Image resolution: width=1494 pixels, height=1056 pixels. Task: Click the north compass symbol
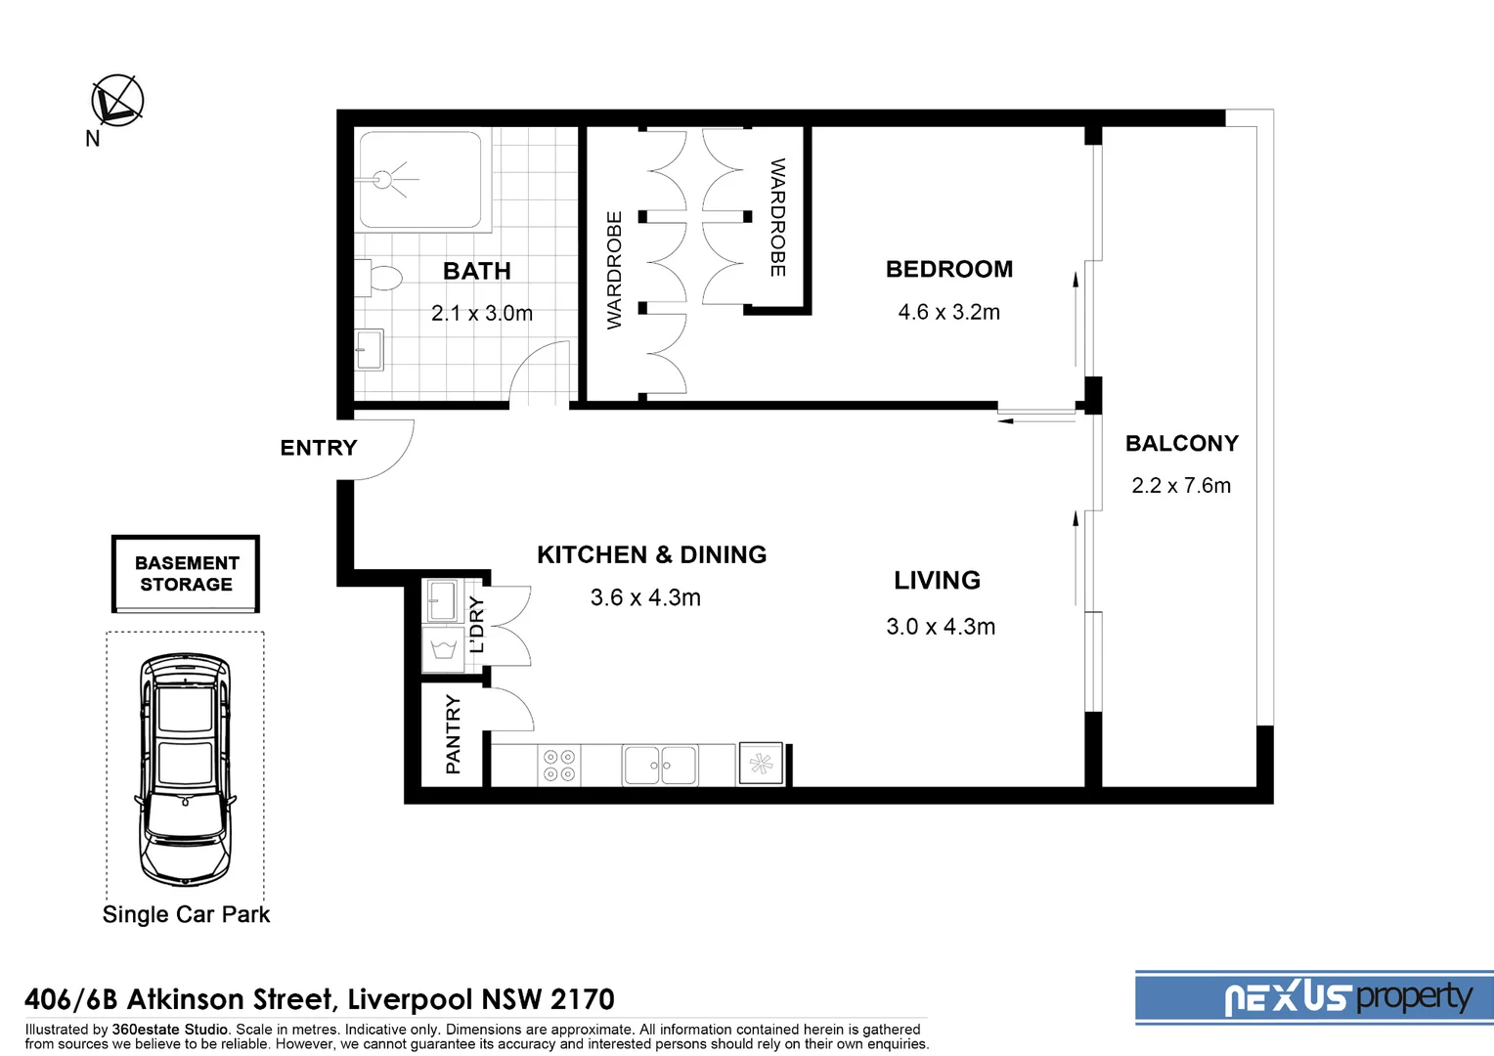pyautogui.click(x=117, y=101)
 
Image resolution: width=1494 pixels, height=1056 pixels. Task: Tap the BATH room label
pyautogui.click(x=476, y=271)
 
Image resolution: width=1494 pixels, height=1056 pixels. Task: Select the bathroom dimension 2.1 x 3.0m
pyautogui.click(x=481, y=314)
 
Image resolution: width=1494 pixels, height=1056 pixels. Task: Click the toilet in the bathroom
pyautogui.click(x=381, y=278)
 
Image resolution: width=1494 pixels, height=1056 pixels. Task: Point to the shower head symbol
pyautogui.click(x=383, y=179)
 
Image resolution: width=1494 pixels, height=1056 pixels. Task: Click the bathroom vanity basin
pyautogui.click(x=369, y=349)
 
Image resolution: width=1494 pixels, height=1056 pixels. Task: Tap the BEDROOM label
pyautogui.click(x=948, y=269)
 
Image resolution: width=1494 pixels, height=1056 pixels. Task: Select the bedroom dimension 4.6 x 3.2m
pyautogui.click(x=948, y=312)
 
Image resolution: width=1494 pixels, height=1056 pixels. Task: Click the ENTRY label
pyautogui.click(x=318, y=448)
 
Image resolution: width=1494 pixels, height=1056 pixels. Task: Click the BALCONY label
pyautogui.click(x=1181, y=443)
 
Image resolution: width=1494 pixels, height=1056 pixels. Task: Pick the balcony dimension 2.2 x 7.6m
pyautogui.click(x=1180, y=486)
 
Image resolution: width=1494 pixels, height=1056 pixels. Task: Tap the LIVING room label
pyautogui.click(x=937, y=580)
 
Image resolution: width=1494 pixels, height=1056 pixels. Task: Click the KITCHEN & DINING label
pyautogui.click(x=651, y=554)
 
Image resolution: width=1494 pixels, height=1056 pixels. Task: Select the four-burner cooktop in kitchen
pyautogui.click(x=559, y=766)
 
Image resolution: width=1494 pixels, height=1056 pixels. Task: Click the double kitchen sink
pyautogui.click(x=660, y=765)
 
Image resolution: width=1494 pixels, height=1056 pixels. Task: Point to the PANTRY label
pyautogui.click(x=453, y=734)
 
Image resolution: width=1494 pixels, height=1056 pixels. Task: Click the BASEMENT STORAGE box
pyautogui.click(x=186, y=574)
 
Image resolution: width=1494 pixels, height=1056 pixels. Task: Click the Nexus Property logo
pyautogui.click(x=1348, y=997)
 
